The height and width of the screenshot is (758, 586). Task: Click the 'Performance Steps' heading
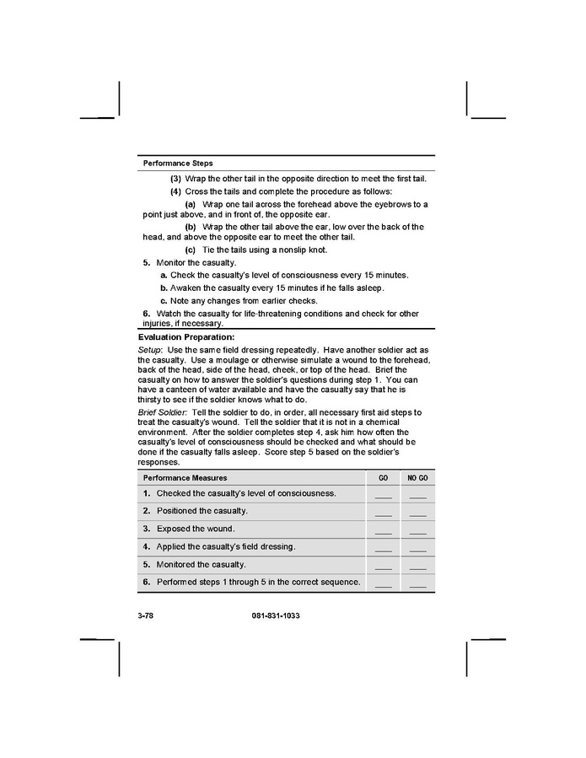178,163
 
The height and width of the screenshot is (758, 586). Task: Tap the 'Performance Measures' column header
185,478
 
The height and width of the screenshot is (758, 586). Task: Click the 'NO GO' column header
417,478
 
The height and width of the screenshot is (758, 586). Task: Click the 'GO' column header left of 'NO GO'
383,478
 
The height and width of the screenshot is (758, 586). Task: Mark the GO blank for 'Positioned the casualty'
383,513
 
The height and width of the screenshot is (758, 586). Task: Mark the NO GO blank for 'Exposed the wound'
417,531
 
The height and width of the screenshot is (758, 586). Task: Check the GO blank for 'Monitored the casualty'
383,567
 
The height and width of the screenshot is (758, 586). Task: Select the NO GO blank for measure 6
417,584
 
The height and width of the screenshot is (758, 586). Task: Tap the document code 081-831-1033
276,616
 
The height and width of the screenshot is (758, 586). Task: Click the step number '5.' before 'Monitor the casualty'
147,263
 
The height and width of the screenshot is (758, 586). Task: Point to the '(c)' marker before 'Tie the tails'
190,250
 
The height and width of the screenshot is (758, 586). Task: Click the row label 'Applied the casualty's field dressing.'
226,546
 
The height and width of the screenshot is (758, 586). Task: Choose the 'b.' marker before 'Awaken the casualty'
164,288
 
